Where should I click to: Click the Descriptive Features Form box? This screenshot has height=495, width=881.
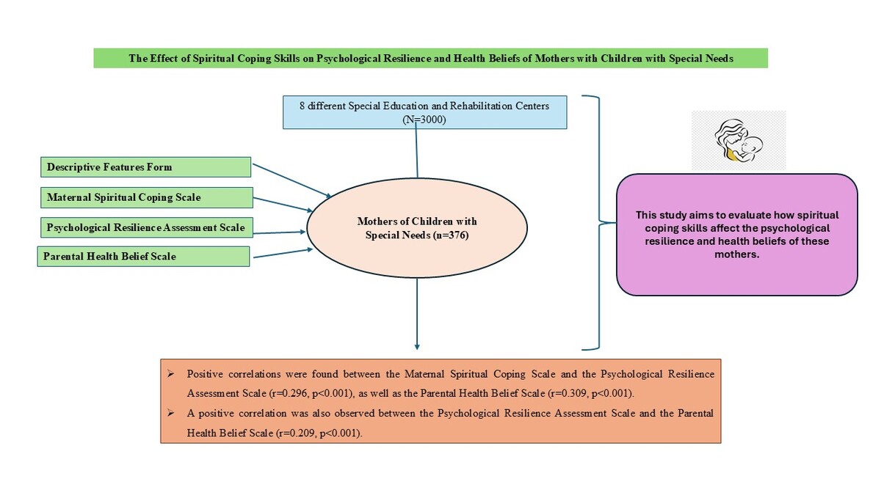145,167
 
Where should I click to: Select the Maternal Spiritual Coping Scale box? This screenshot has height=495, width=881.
147,197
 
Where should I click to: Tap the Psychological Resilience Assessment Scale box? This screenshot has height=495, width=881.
147,227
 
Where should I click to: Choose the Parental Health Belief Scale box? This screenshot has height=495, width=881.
144,257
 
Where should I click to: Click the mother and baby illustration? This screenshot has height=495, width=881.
739,140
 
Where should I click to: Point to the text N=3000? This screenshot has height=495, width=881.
424,120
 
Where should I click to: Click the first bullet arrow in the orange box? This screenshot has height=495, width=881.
170,373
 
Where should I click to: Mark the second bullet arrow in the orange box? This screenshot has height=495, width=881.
170,413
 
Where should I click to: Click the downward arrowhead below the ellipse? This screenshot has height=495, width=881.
417,347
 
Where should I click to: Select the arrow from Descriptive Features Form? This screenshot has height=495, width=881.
292,180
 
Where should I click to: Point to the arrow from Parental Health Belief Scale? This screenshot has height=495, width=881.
283,253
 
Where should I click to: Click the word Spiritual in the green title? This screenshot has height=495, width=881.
213,59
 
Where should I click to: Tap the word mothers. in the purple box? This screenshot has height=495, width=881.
736,254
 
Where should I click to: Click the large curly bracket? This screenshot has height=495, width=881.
599,223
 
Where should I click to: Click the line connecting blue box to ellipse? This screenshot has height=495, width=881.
416,150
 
